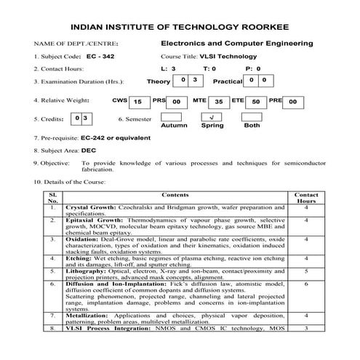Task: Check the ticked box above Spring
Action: pos(210,116)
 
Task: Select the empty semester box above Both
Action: pos(252,116)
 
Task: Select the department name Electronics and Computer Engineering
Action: pos(237,43)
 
